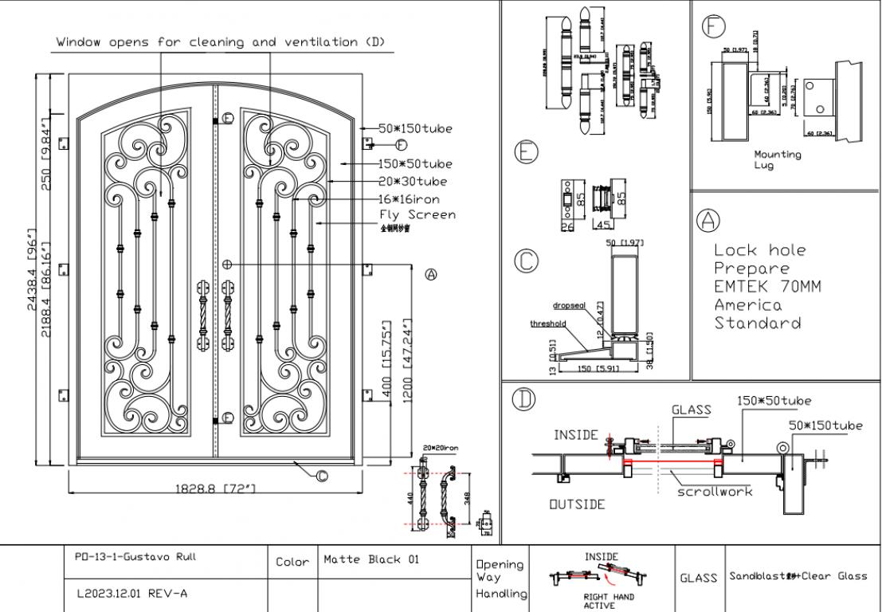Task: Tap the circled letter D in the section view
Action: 523,399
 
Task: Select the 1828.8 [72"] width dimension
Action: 215,488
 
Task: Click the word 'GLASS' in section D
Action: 691,410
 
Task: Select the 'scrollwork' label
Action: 714,492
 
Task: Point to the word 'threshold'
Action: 547,324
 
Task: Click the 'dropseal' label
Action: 570,305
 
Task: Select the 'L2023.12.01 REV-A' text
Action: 133,593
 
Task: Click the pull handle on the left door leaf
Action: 201,315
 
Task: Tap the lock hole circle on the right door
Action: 228,263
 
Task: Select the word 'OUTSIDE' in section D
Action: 577,504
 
